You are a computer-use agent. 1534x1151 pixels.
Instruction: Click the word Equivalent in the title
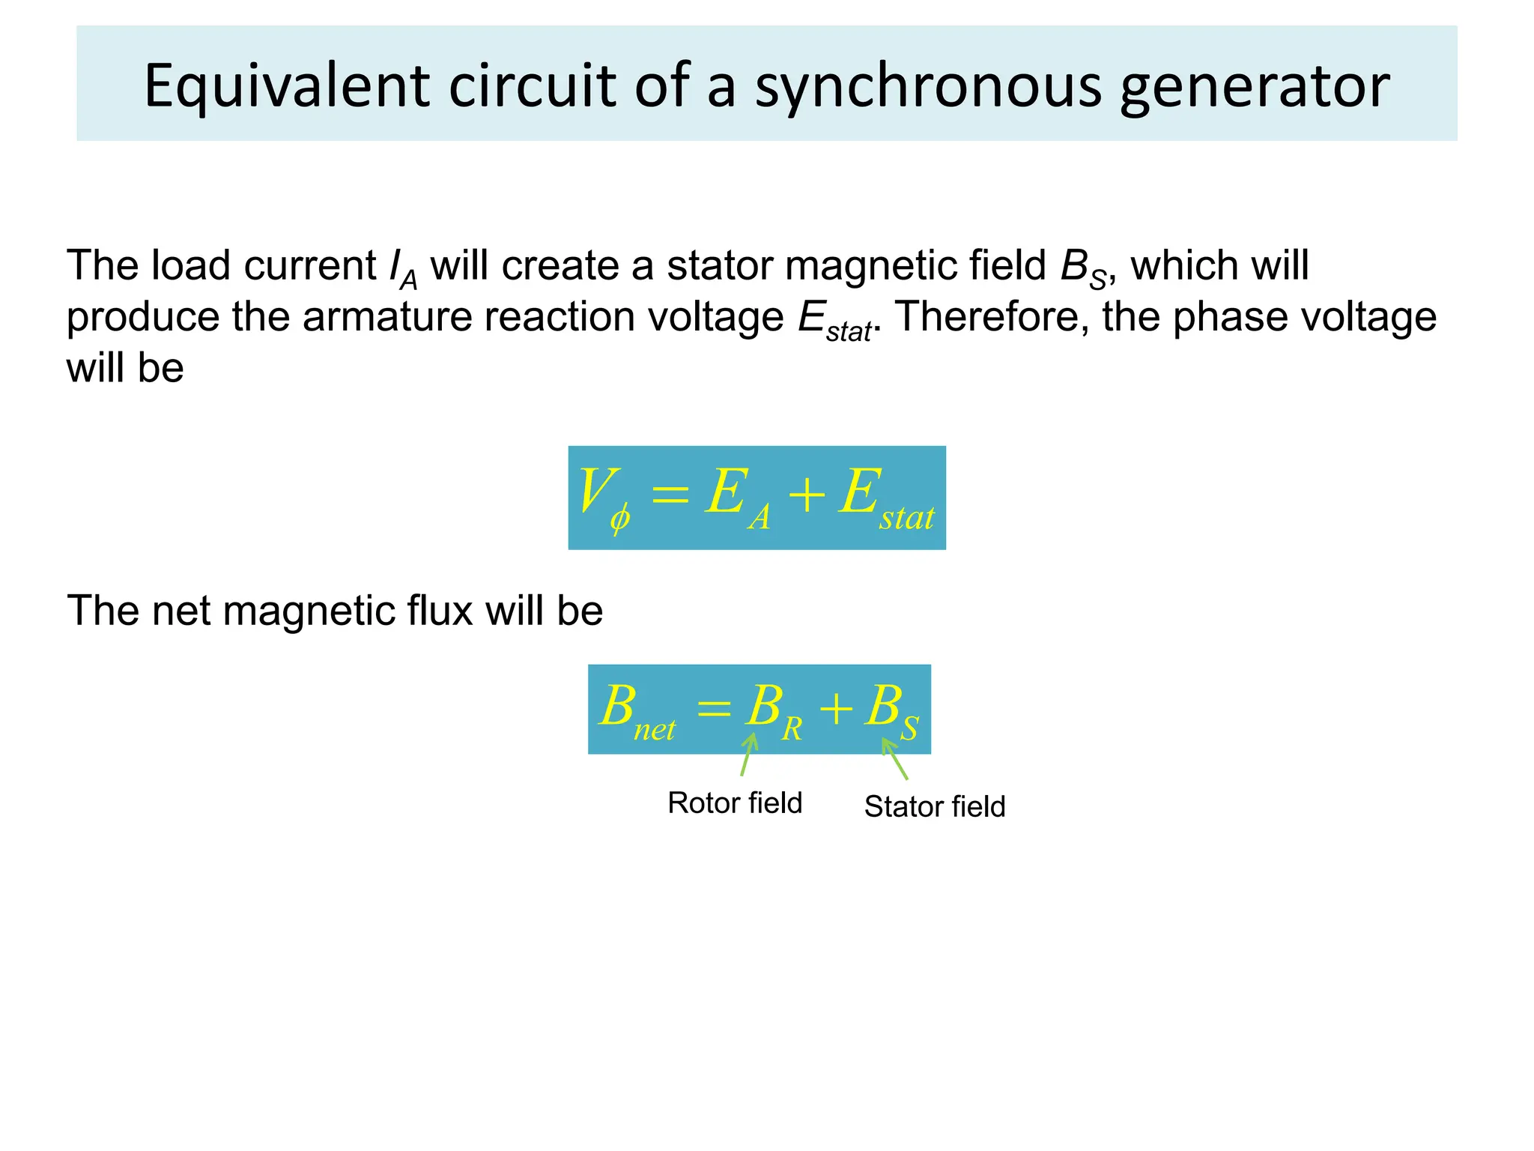286,86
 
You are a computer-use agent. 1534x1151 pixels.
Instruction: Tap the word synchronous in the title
927,86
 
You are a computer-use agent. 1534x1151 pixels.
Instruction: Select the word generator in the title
1255,86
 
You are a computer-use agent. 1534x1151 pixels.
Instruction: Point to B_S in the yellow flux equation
891,710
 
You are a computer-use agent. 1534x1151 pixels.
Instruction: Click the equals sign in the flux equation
713,708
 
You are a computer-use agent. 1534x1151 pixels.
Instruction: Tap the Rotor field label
735,803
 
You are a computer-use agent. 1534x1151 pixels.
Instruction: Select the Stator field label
934,807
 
